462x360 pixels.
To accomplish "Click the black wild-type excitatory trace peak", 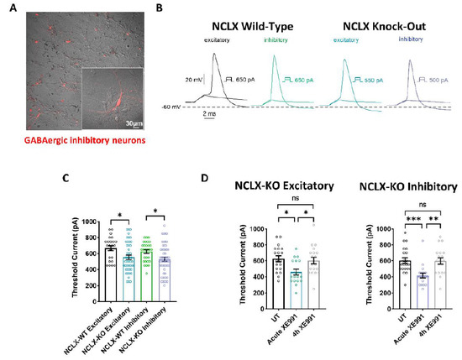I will [x=216, y=55].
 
